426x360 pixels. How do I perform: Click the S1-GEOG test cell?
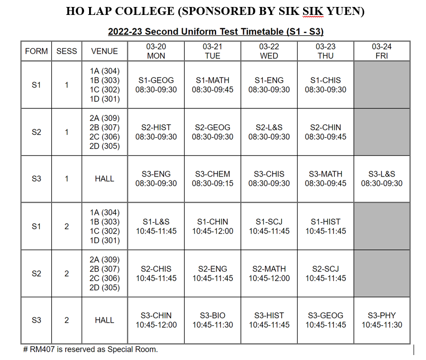[156, 85]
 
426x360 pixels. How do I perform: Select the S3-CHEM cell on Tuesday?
[213, 179]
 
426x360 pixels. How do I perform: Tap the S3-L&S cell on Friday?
[382, 179]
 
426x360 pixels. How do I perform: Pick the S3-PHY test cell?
[382, 320]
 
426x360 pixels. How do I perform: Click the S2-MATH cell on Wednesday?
[269, 273]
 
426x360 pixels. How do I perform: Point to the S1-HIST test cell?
[325, 226]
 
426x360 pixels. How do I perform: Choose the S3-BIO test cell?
[213, 320]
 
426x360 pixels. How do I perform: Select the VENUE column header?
[105, 51]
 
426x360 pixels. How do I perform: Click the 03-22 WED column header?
[269, 51]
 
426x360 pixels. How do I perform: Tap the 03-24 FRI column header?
[382, 51]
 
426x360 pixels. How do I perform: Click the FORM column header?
[36, 51]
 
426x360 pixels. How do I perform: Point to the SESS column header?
[67, 51]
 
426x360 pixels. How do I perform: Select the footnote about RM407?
[90, 350]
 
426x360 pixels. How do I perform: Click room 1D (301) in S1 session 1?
[105, 99]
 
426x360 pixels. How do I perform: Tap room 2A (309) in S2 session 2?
[105, 260]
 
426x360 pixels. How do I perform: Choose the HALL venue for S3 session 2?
[105, 320]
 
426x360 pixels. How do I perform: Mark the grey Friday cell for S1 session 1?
[382, 85]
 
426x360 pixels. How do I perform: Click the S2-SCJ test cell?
[325, 273]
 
